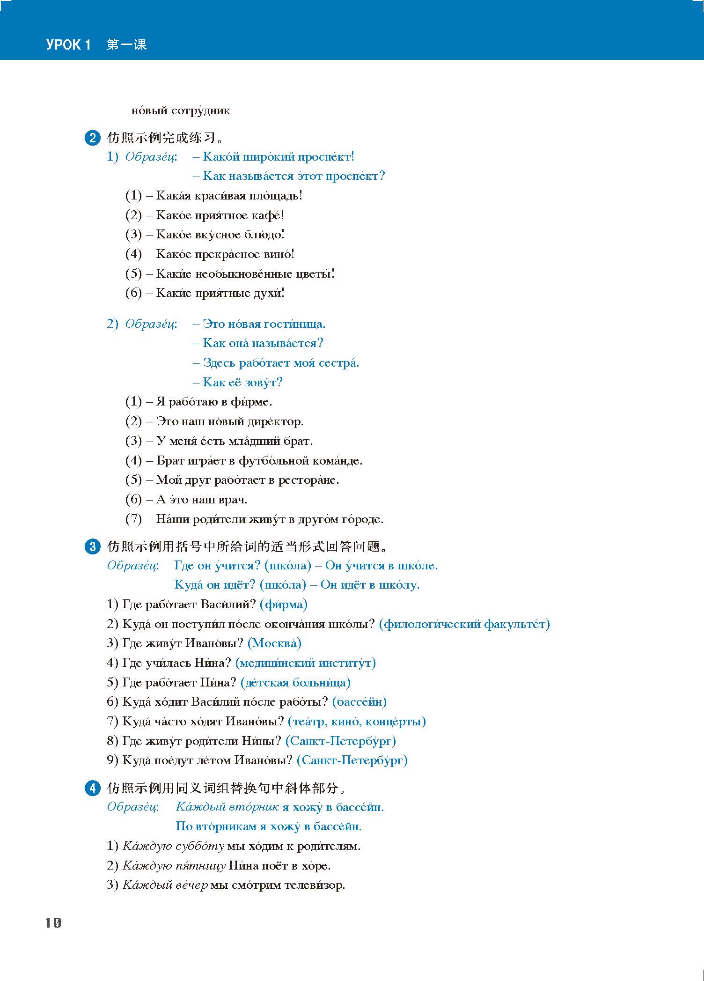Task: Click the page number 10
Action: (x=53, y=922)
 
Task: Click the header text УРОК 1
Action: (x=68, y=45)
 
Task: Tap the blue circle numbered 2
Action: (x=92, y=138)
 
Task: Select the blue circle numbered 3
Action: (x=92, y=546)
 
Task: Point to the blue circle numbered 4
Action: (x=92, y=788)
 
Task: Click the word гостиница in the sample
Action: (x=294, y=324)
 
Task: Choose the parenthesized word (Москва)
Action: (x=274, y=643)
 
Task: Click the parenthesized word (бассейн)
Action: (x=359, y=702)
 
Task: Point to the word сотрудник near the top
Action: (x=201, y=111)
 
